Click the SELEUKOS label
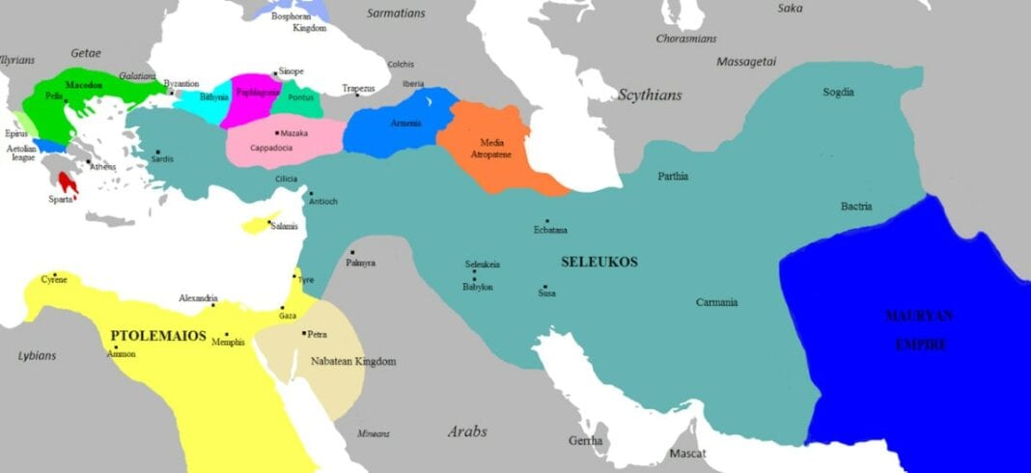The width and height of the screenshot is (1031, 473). tap(599, 262)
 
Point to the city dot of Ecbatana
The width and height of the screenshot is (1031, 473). tap(547, 221)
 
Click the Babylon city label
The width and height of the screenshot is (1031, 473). tap(478, 287)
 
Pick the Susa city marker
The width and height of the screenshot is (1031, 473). tap(544, 287)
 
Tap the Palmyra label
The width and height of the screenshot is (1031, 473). tap(361, 263)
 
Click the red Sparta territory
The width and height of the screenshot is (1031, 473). tap(68, 181)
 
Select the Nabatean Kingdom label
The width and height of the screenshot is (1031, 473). tap(353, 361)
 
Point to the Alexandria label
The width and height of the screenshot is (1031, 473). tap(198, 298)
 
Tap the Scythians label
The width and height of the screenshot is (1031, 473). tap(650, 95)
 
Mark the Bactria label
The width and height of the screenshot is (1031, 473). tap(856, 207)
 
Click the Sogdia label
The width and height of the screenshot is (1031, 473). tap(838, 93)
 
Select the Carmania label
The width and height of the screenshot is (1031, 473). tap(716, 302)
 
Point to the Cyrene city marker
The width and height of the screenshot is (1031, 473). tap(55, 274)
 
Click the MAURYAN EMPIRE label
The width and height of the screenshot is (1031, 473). tap(918, 329)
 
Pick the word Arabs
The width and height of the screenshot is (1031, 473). tap(466, 431)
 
